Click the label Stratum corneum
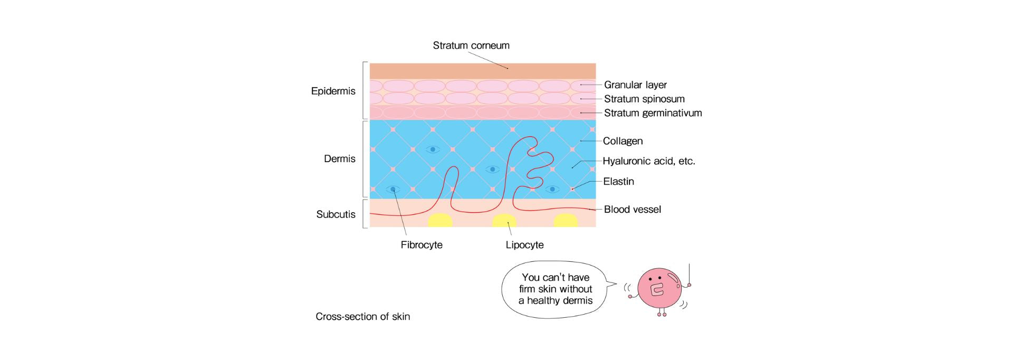[471, 45]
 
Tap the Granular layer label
[635, 85]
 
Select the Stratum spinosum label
[644, 99]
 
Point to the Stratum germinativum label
[653, 113]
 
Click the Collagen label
[623, 141]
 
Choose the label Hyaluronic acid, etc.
[648, 161]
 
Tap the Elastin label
[618, 182]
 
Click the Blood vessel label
[632, 210]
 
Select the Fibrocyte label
[422, 245]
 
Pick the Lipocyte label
[524, 245]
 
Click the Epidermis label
[333, 91]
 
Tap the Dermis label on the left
[339, 159]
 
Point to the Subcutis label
[336, 214]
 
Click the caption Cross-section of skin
[362, 317]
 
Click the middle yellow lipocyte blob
[504, 221]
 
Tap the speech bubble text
[556, 289]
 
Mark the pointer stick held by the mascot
[689, 273]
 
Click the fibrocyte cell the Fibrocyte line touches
[393, 189]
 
